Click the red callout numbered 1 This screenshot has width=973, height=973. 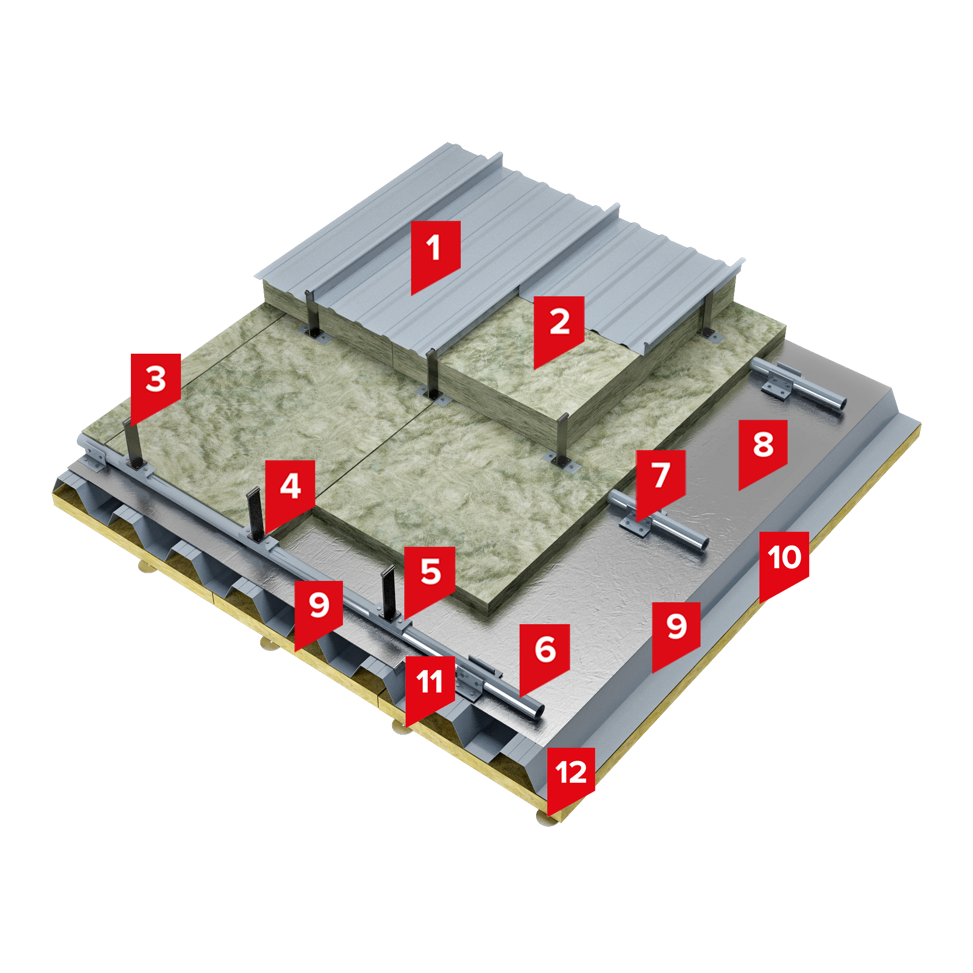[x=435, y=252]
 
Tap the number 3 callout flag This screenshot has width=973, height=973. [x=156, y=384]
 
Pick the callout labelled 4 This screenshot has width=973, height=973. [x=290, y=491]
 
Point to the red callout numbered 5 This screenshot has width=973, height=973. [x=430, y=577]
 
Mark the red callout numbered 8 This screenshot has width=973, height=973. [x=762, y=449]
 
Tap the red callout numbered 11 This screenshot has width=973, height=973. [x=430, y=686]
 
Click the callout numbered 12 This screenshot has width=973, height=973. [x=571, y=777]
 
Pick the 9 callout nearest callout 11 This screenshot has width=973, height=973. [x=319, y=611]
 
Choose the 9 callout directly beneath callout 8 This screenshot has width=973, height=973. [x=676, y=632]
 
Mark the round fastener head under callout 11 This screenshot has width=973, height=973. [x=401, y=727]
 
